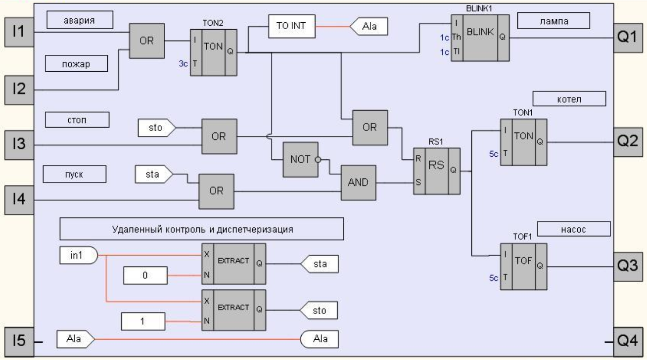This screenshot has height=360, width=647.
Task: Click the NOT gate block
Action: tap(300, 160)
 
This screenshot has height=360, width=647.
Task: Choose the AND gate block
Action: tap(358, 182)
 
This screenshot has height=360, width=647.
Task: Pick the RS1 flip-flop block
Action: tap(436, 171)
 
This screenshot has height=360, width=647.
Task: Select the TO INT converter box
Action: tap(292, 27)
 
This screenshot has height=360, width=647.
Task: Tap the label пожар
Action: tap(77, 64)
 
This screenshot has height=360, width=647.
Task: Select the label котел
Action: tap(569, 98)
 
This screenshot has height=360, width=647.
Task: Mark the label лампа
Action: tap(554, 20)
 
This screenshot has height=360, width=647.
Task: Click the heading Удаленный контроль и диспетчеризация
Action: tap(201, 229)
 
